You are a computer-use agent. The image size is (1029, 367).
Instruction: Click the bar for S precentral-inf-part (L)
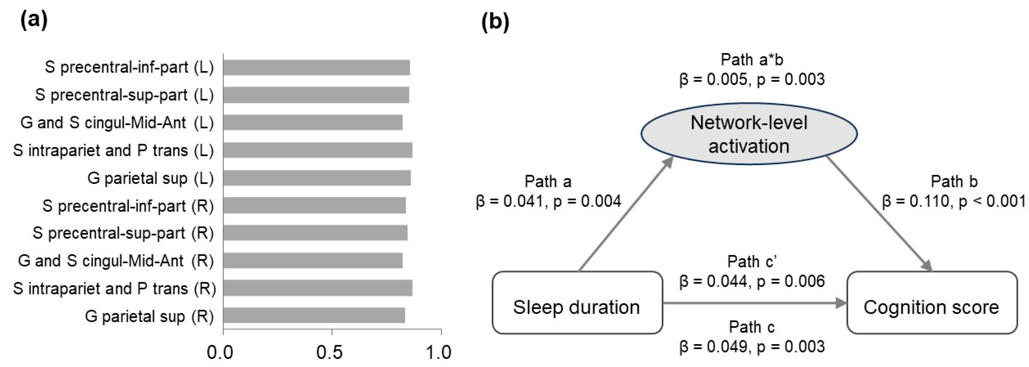point(316,67)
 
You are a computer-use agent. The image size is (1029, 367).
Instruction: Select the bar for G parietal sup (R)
point(314,315)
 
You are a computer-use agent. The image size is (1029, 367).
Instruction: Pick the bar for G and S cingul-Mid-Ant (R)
point(313,261)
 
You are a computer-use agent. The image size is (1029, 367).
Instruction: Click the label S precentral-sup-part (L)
point(124,95)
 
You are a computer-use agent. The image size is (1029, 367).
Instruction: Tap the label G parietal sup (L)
point(150,178)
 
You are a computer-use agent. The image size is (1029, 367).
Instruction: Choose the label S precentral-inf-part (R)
point(128,206)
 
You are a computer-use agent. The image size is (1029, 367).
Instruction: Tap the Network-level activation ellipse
point(749,134)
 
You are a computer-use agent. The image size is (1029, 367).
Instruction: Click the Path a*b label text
point(752,60)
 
